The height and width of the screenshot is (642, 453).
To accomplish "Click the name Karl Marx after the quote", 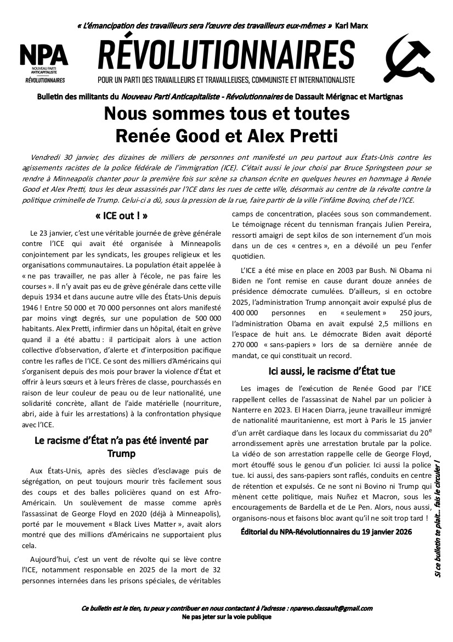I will click(352, 26).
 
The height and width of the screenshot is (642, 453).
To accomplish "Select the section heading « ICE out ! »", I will click(121, 215).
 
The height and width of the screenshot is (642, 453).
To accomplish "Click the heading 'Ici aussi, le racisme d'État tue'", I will click(332, 371).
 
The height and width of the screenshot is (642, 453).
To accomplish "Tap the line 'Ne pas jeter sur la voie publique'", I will click(226, 617).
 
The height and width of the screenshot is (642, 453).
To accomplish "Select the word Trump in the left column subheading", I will click(121, 454).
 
